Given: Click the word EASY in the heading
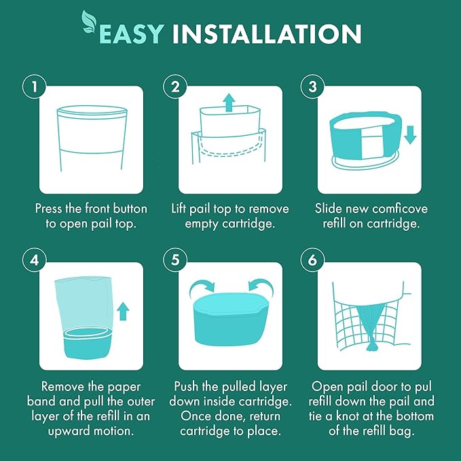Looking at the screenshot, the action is (131, 34).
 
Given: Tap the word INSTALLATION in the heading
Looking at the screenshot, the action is (267, 34).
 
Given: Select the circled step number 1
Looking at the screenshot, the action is (34, 87).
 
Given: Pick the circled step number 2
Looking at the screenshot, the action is (175, 87).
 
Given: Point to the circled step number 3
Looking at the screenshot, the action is (312, 87).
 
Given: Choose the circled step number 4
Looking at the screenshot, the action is (34, 260).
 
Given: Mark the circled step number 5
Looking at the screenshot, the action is (175, 260).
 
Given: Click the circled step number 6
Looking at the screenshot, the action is (312, 260).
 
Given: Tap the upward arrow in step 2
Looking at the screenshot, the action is (229, 103).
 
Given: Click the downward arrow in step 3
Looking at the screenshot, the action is (410, 135).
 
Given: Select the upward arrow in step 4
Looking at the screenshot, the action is (123, 312).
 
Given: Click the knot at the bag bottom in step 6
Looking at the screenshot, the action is (370, 344).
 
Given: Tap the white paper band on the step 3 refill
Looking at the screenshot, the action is (371, 143).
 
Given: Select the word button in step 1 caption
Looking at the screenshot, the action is (130, 208).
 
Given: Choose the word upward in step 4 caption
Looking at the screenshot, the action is (69, 432).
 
